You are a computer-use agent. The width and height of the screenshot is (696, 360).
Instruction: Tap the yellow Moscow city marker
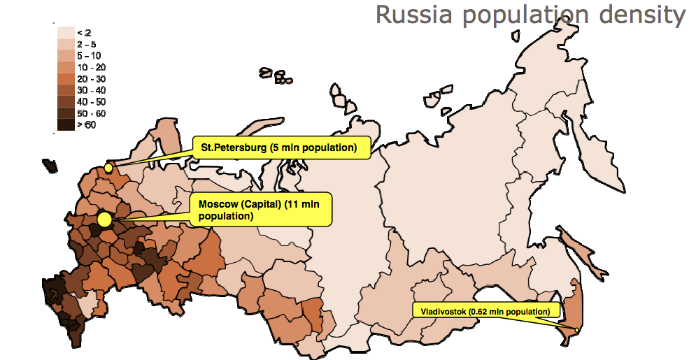(x=105, y=219)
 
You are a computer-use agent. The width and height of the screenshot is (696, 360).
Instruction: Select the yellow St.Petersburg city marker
(x=108, y=168)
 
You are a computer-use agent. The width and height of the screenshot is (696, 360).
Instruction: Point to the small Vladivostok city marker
(x=577, y=330)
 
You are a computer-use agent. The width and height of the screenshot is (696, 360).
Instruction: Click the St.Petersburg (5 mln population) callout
(x=278, y=148)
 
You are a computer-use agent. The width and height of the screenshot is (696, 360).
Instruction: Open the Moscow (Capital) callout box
(x=260, y=210)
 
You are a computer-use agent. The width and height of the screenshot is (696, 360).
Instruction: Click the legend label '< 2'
(x=83, y=33)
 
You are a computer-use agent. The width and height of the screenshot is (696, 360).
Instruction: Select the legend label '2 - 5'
(x=87, y=44)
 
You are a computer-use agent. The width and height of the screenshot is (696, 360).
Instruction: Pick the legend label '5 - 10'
(x=89, y=55)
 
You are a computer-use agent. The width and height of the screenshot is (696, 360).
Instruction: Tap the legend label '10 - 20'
(x=91, y=67)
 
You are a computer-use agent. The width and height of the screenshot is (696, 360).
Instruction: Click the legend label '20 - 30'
(x=91, y=79)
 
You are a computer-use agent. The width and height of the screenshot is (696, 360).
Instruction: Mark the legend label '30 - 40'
(x=91, y=90)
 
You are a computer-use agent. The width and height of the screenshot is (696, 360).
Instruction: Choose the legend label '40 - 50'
(x=91, y=102)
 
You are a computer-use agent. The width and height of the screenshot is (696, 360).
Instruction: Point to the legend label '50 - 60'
(x=91, y=113)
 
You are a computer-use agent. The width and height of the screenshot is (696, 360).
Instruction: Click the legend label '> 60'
(x=87, y=125)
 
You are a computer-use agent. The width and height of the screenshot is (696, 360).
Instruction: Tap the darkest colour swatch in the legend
(x=66, y=125)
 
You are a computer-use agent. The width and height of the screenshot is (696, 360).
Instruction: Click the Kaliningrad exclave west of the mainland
(x=50, y=166)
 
